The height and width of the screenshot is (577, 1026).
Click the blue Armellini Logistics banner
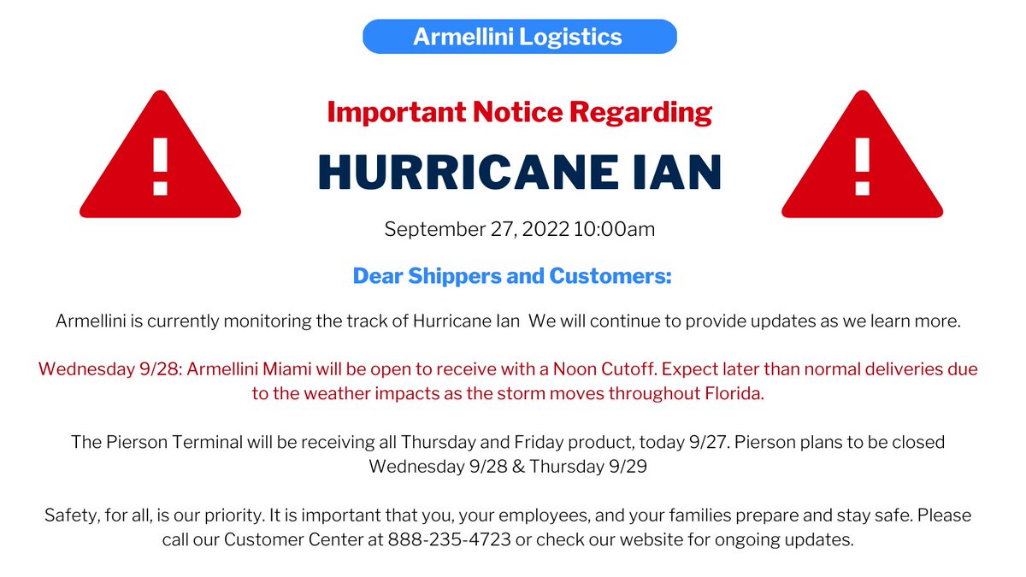pos(519,37)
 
